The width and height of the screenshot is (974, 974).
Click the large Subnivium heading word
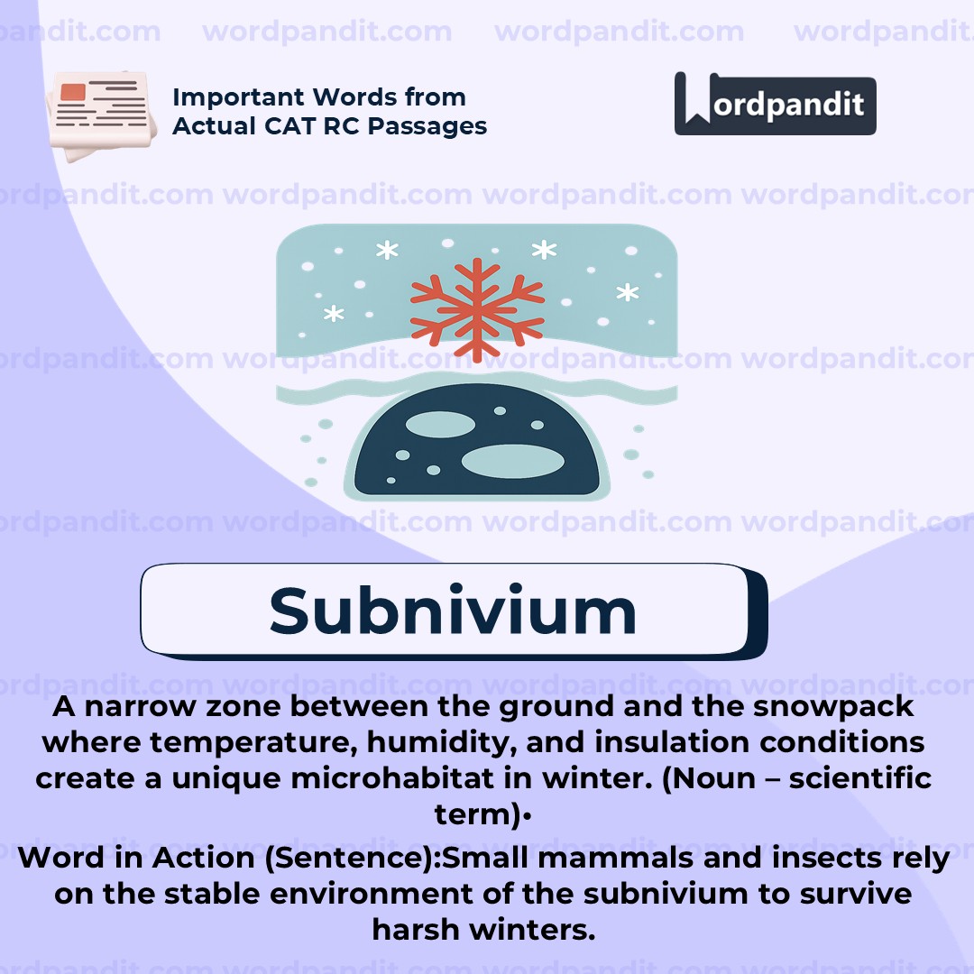[x=453, y=611]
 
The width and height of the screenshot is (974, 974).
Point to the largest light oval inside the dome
[x=512, y=461]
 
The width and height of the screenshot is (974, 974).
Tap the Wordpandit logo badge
[x=775, y=104]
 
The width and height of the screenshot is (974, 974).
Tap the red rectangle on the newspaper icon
[x=73, y=92]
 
